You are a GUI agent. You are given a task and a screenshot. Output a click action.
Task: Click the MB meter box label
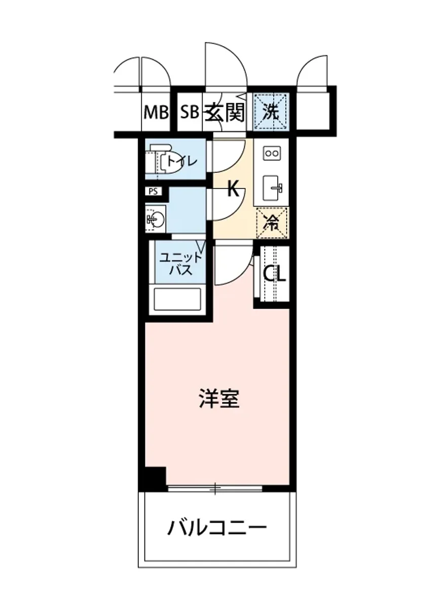[x=155, y=112]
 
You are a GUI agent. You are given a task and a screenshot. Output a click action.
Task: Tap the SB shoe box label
[x=190, y=112]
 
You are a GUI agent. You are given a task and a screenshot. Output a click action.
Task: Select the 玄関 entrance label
[x=224, y=112]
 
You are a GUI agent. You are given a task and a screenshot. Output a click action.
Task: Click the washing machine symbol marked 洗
[x=272, y=112]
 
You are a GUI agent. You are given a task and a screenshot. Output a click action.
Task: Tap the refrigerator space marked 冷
[x=272, y=222]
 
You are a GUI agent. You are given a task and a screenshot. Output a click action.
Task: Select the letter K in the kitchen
[x=232, y=189]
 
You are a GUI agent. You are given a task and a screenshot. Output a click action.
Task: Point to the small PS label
[x=153, y=192]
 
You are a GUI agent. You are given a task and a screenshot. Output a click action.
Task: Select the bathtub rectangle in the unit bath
[x=178, y=299]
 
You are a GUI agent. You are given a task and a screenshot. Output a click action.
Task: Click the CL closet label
[x=274, y=274]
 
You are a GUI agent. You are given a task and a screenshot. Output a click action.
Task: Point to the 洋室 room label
[x=219, y=399]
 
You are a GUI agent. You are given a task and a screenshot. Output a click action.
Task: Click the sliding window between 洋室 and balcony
[x=215, y=488]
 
